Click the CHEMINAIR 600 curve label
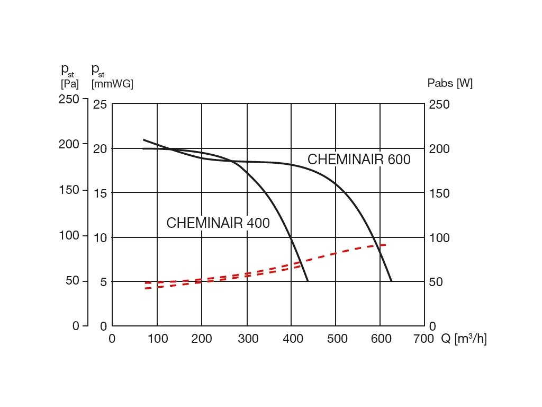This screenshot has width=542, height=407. coord(359,160)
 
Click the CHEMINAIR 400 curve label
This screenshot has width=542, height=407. coord(218,224)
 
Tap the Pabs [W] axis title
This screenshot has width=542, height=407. coord(450,83)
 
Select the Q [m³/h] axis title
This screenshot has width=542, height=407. coord(464,339)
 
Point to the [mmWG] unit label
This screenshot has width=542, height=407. coord(112,84)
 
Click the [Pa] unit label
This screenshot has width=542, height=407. coord(70,84)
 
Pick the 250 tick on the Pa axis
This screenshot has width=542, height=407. coord(69,99)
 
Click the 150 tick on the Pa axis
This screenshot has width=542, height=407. coord(69,190)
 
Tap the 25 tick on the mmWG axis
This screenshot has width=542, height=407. coord(100,105)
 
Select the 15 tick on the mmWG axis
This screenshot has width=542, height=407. coord(100,193)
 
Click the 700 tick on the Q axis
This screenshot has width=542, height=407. coord(423,339)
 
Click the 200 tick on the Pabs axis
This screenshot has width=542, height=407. coord(439,149)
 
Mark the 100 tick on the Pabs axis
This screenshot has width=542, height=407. coord(439,238)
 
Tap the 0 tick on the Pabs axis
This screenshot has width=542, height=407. coord(432,326)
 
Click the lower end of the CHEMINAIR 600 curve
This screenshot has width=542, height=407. coord(391,280)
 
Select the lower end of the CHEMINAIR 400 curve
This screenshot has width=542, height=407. coord(308,280)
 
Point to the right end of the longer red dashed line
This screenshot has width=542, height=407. coord(386,245)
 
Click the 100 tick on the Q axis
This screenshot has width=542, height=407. coord(157,339)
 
